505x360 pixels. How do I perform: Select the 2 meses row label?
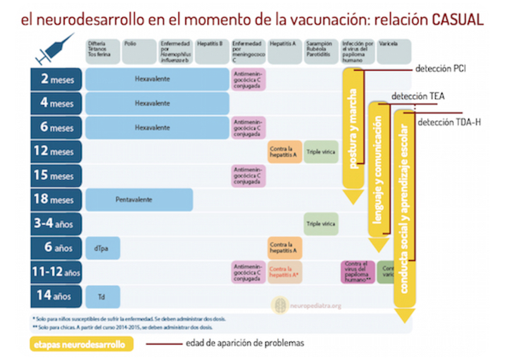coord(56,79)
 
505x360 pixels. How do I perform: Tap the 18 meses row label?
coord(56,199)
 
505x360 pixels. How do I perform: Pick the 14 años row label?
coord(56,296)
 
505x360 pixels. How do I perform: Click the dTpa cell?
coord(103,248)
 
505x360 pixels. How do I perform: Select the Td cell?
coord(103,296)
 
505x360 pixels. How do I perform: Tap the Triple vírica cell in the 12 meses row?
coord(321,151)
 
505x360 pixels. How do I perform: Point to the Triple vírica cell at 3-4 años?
coord(321,224)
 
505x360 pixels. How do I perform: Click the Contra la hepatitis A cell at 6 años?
coord(285,248)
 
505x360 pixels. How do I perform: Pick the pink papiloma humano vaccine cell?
coord(357,272)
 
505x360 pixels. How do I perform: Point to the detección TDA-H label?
coord(449,123)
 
